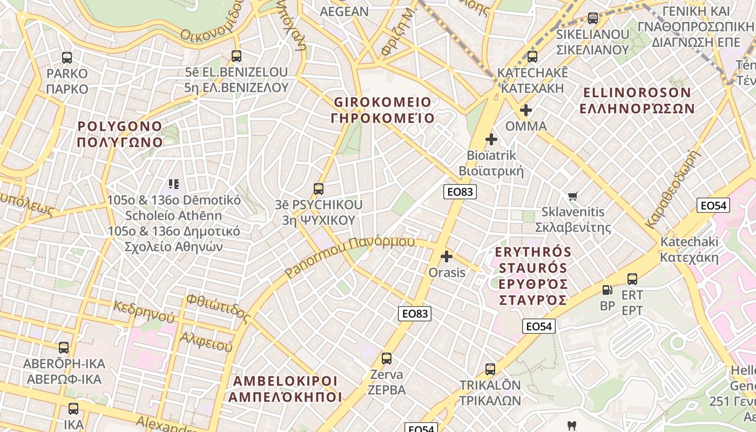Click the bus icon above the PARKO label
pos(67,57)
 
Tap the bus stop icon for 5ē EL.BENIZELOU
pos(236,56)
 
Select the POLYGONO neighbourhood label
pos(120,134)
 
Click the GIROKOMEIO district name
pos(383,110)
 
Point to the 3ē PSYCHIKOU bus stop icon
pos(319,189)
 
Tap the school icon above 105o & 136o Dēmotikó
pos(173,184)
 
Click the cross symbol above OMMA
pos(526,110)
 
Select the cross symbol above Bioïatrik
pos(491,139)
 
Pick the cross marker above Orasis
pos(447,256)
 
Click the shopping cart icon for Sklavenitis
pos(573,196)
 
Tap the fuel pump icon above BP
pos(607,290)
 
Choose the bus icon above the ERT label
pos(632,279)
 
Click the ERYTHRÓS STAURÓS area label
pos(532,275)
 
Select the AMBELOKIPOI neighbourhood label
pos(285,389)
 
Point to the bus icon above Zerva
pos(387,358)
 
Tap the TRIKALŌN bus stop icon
pos(490,369)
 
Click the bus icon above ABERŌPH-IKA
pos(64,347)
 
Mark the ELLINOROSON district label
pos(637,100)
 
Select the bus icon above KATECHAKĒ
pos(532,56)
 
